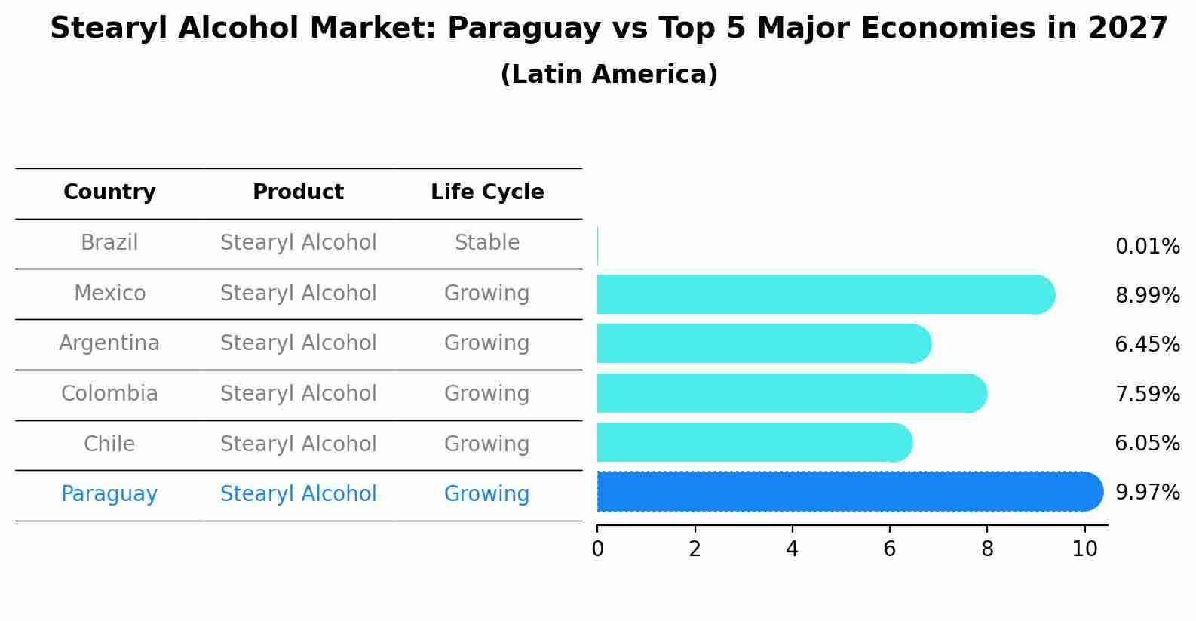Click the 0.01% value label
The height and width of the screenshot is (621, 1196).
1147,247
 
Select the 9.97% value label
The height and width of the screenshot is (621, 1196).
1147,493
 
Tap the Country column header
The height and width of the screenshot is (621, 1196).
109,192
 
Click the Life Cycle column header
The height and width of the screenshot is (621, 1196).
487,192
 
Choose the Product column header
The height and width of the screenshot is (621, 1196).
298,192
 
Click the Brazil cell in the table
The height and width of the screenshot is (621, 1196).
109,243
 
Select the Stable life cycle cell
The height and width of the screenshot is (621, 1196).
487,243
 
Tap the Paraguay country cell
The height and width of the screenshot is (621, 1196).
109,494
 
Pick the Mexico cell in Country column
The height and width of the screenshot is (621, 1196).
109,293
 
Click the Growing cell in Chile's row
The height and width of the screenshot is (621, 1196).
487,444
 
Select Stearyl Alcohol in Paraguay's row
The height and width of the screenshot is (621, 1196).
298,494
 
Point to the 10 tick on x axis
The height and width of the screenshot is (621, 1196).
1084,549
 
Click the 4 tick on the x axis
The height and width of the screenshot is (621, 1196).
792,549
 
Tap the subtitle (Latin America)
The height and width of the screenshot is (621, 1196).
609,75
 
